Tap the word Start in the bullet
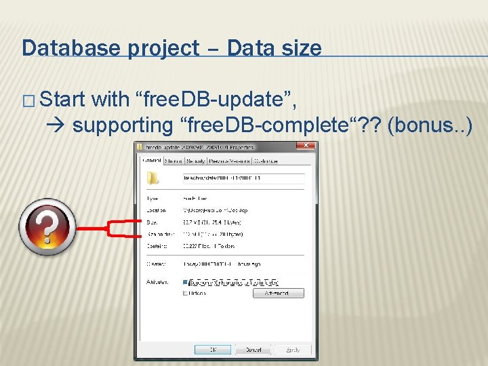pyautogui.click(x=62, y=100)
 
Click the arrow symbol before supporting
pyautogui.click(x=58, y=125)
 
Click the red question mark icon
pyautogui.click(x=47, y=226)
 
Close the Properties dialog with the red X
pyautogui.click(x=309, y=146)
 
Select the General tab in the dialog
pyautogui.click(x=152, y=161)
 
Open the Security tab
pyautogui.click(x=196, y=161)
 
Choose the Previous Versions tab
pyautogui.click(x=229, y=161)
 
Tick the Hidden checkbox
pyautogui.click(x=186, y=293)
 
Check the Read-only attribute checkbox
pyautogui.click(x=186, y=282)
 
